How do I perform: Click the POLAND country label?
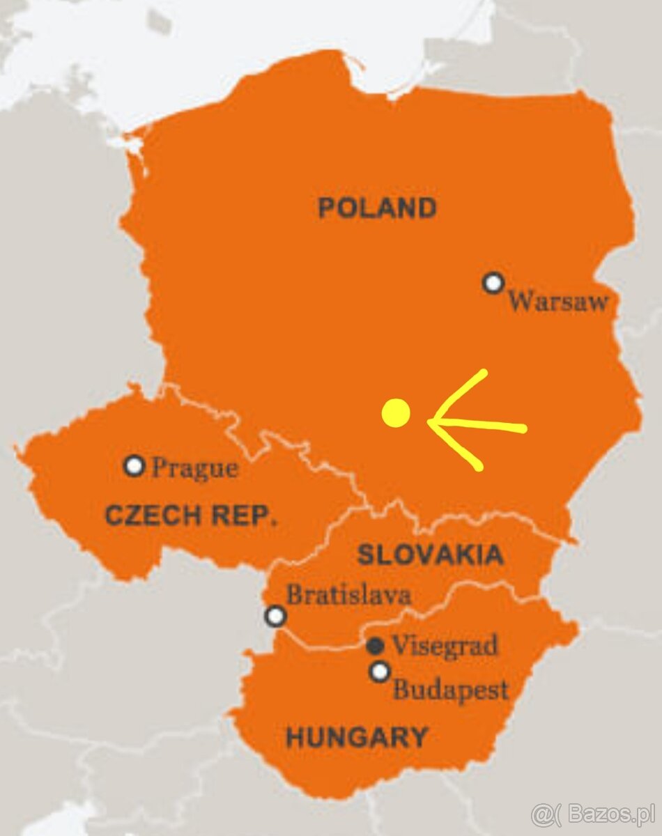tap(377, 208)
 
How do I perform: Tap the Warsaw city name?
tap(557, 302)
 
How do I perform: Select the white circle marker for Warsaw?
tap(493, 283)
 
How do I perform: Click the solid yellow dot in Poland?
tap(396, 413)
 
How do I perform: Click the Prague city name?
tap(194, 468)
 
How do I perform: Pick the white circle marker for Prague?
tap(134, 465)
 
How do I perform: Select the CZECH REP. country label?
tap(191, 516)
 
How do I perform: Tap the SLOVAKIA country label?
tap(429, 555)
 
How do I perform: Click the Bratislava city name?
tap(348, 595)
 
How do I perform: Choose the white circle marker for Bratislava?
tap(276, 616)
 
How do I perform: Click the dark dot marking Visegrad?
tap(375, 646)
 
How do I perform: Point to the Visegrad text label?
tap(445, 646)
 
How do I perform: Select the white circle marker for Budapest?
tap(379, 672)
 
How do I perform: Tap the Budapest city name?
tap(450, 690)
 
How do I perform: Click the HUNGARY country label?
tap(357, 736)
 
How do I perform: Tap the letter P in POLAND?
tap(326, 208)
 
